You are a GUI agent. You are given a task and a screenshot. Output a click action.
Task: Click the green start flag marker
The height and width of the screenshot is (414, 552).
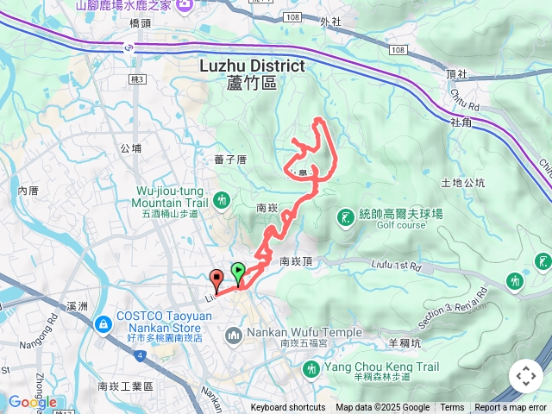point(237,272)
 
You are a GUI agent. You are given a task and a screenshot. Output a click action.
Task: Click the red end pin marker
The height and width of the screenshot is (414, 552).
point(216,279)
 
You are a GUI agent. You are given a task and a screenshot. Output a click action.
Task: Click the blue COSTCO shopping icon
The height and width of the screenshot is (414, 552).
point(103,324)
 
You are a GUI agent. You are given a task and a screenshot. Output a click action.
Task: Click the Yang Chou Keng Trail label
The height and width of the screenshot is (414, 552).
point(370,367)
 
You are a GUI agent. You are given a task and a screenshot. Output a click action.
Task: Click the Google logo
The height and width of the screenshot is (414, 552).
point(33,402)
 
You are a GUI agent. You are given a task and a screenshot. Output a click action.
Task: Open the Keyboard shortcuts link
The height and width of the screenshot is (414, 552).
point(288,408)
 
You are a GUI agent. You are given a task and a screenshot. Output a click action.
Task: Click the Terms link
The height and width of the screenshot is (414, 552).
point(452,408)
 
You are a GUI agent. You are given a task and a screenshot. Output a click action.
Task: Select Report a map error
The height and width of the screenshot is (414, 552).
point(511,408)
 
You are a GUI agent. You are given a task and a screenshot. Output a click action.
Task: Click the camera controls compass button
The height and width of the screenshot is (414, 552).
point(525,376)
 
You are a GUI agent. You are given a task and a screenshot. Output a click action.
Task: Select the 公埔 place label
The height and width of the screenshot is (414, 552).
point(131,148)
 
